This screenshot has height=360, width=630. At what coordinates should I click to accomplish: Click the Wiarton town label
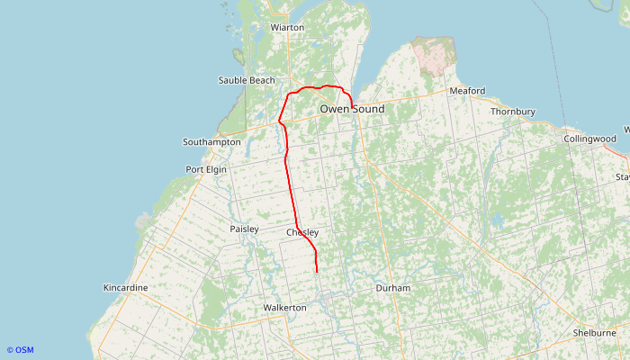(x=288, y=28)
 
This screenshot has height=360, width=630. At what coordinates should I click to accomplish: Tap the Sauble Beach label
(x=247, y=81)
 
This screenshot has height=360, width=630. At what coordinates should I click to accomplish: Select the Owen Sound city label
(x=352, y=109)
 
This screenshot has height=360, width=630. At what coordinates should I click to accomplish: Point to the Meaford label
(x=467, y=91)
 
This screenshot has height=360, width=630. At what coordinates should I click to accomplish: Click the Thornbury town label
(x=513, y=112)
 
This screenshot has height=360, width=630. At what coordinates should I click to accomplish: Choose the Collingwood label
(x=589, y=139)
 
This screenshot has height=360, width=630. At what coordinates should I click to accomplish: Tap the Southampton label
(x=211, y=142)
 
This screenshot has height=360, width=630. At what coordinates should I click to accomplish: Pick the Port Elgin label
(x=206, y=169)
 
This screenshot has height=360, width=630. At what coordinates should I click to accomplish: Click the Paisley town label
(x=244, y=229)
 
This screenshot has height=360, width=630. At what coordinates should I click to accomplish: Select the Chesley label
(x=302, y=233)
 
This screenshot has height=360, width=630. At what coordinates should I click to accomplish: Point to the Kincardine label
(x=126, y=288)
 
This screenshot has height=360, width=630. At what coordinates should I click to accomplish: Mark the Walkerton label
(x=284, y=308)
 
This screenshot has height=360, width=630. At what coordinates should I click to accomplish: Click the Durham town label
(x=392, y=288)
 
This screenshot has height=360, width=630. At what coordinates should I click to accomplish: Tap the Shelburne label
(x=594, y=332)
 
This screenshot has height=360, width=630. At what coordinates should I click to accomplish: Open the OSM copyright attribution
(x=20, y=350)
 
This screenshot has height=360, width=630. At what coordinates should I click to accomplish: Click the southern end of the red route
(x=318, y=270)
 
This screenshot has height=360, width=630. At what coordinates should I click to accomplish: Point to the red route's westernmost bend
(x=280, y=121)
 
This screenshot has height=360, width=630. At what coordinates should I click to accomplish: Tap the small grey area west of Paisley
(x=143, y=220)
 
